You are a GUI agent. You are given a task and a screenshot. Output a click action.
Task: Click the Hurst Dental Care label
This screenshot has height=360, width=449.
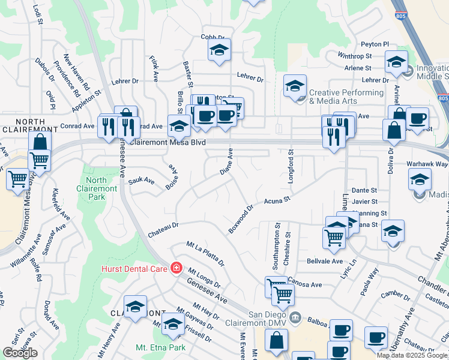pyautogui.click(x=134, y=268)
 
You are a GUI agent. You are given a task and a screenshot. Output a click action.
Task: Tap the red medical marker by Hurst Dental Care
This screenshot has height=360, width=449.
pyautogui.click(x=176, y=268)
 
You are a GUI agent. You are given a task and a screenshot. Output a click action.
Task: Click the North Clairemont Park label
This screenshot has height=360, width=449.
pyautogui.click(x=96, y=184)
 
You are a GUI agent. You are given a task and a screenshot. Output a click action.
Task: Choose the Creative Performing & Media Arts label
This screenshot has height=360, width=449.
pyautogui.click(x=346, y=97)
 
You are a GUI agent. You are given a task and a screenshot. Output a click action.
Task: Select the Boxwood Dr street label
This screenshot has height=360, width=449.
pyautogui.click(x=241, y=218)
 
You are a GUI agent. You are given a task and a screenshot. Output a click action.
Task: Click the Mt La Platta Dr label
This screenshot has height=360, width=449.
pyautogui.click(x=205, y=254)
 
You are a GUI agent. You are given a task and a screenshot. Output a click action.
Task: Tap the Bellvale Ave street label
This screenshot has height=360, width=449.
pyautogui.click(x=324, y=262)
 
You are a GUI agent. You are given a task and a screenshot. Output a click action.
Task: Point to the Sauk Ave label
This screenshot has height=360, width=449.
pyautogui.click(x=142, y=181)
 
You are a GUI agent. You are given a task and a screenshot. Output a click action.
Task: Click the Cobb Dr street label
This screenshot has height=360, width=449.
pyautogui.click(x=212, y=37)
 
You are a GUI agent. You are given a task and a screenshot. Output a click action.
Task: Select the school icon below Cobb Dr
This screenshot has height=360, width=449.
pyautogui.click(x=220, y=51)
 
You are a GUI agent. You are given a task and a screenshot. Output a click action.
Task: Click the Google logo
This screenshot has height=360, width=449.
pyautogui.click(x=20, y=353)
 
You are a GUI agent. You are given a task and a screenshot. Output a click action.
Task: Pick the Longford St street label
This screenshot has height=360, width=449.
pyautogui.click(x=291, y=161)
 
